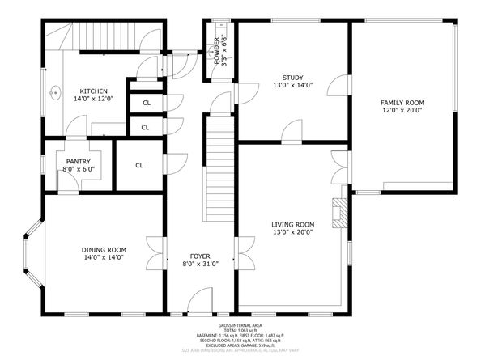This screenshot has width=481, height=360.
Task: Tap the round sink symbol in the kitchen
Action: [x=54, y=92]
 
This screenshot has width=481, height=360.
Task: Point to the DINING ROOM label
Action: [x=104, y=249]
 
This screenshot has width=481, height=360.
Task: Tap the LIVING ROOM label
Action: [x=292, y=224]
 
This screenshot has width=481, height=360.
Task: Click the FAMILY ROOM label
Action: [x=402, y=103]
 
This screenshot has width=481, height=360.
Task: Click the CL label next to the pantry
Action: [x=139, y=166]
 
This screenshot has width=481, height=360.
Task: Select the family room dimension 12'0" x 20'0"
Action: [x=402, y=112]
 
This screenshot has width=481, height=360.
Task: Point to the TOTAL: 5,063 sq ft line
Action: [x=240, y=329]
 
